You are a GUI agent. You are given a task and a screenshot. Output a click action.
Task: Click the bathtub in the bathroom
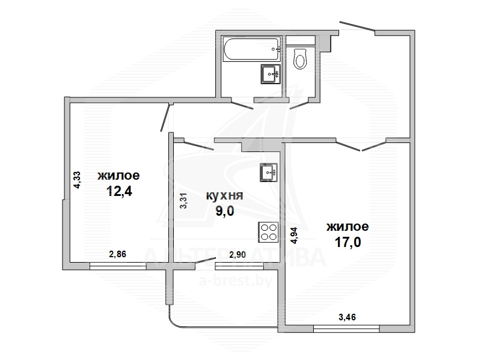coord(251,49)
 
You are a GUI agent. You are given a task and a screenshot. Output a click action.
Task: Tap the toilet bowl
coord(300,58)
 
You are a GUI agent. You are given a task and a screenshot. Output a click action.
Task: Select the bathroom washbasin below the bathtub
coord(271,74)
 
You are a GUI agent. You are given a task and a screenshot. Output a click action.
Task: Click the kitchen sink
coord(269,172)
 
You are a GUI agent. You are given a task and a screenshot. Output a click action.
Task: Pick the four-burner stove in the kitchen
coord(268,232)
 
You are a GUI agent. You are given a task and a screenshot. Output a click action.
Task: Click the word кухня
coord(224,196)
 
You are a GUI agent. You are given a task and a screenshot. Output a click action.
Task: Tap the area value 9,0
coord(225,211)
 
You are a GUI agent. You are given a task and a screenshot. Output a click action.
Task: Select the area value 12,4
coord(119,191)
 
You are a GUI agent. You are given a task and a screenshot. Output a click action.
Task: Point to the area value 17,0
coord(348,242)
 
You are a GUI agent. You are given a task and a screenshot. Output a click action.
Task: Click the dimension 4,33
coord(77,180)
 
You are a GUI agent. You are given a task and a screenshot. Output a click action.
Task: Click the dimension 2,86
coord(118,254)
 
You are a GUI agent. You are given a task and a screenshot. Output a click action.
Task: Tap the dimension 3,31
coord(183,201)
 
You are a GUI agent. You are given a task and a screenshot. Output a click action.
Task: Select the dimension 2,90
coord(237,254)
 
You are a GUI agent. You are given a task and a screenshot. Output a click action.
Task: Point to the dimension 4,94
coord(294,235)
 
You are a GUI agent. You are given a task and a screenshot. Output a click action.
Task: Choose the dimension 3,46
coord(348,317)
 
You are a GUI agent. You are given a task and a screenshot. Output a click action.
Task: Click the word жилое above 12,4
coord(118,175)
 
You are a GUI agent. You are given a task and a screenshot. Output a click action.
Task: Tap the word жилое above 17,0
coord(348,227)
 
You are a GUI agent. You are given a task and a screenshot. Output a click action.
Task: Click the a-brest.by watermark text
coord(236,280)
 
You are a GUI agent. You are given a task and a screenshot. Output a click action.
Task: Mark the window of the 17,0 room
coord(347,329)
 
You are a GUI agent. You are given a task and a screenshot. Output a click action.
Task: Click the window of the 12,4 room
coord(118,266)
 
